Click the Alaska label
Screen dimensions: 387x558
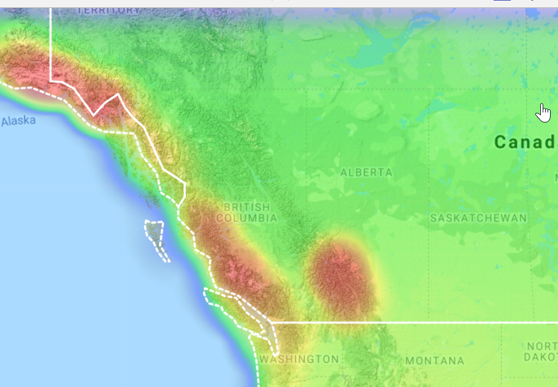(18, 121)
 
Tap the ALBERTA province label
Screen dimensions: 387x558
(366, 173)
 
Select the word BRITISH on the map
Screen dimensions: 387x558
(247, 207)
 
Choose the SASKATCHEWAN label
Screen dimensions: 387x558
(478, 218)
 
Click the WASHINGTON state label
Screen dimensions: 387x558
(299, 359)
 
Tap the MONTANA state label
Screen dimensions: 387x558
(435, 361)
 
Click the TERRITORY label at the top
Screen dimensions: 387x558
(109, 10)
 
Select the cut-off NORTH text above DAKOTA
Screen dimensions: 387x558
(541, 346)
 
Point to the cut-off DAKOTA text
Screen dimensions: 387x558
(541, 356)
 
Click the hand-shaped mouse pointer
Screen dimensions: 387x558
(543, 113)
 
